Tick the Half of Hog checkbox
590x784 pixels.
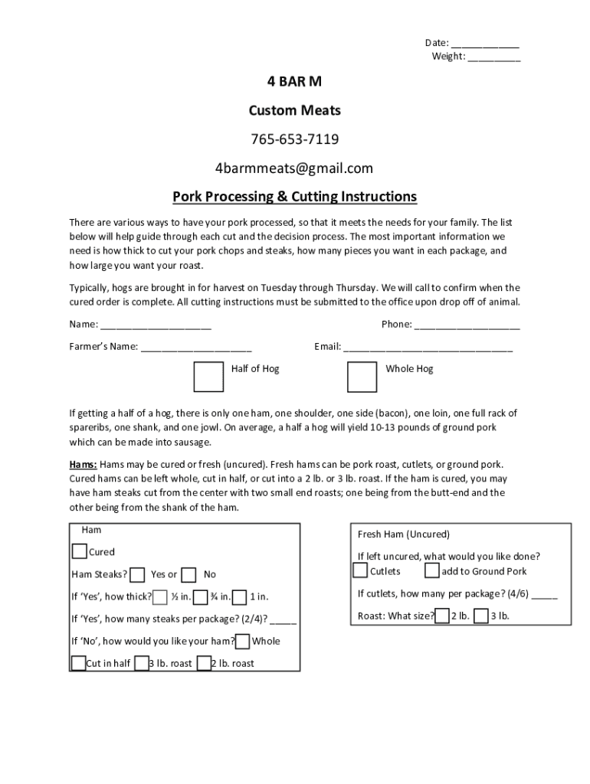pyautogui.click(x=208, y=377)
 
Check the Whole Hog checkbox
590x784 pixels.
pyautogui.click(x=361, y=377)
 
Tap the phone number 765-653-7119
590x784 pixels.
pyautogui.click(x=294, y=139)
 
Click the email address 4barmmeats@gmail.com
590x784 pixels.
pyautogui.click(x=294, y=168)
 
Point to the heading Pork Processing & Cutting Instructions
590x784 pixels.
pyautogui.click(x=294, y=197)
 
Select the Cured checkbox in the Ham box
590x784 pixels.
pyautogui.click(x=79, y=551)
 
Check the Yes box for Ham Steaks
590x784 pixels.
pyautogui.click(x=138, y=575)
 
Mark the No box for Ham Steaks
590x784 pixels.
pyautogui.click(x=189, y=575)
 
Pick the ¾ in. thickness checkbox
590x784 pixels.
pyautogui.click(x=201, y=597)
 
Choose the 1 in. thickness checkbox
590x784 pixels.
pyautogui.click(x=239, y=597)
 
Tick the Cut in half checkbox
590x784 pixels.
pyautogui.click(x=78, y=663)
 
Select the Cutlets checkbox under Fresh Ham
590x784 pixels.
pyautogui.click(x=360, y=571)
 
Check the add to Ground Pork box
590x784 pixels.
pyautogui.click(x=432, y=571)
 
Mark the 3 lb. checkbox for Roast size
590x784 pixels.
pyautogui.click(x=481, y=616)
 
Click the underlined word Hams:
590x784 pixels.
pyautogui.click(x=83, y=465)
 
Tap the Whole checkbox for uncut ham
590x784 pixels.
pyautogui.click(x=242, y=642)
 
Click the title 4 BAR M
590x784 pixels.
pyautogui.click(x=294, y=82)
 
